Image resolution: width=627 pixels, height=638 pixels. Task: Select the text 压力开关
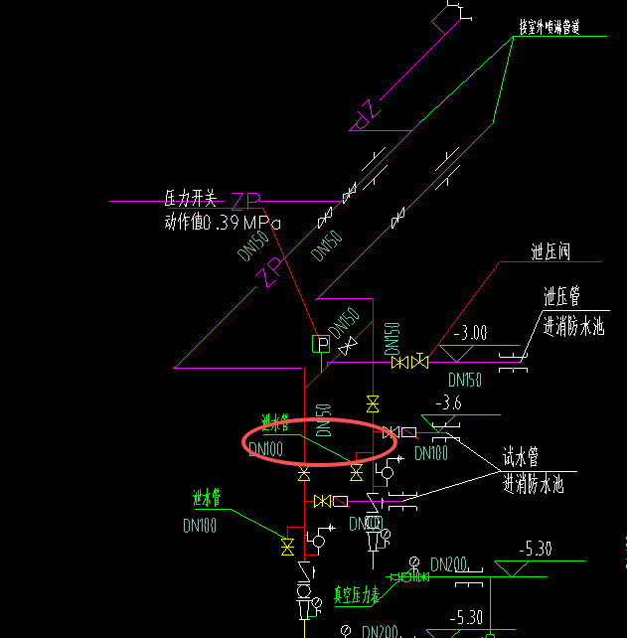click(190, 198)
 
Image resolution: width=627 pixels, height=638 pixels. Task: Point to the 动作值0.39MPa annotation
click(223, 223)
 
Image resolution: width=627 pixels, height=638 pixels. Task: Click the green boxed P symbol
click(320, 344)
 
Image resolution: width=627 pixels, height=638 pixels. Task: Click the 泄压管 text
click(561, 296)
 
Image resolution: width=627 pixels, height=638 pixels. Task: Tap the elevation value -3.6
click(448, 402)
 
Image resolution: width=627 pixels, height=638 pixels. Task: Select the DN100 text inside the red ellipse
click(265, 449)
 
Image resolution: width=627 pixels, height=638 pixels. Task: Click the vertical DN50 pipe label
click(323, 420)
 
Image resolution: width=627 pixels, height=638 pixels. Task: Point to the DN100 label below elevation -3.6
click(431, 453)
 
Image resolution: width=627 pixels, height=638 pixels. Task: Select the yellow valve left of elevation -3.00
click(409, 362)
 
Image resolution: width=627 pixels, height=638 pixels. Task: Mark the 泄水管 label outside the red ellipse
click(213, 497)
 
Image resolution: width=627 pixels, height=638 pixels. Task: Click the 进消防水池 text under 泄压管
click(573, 325)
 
